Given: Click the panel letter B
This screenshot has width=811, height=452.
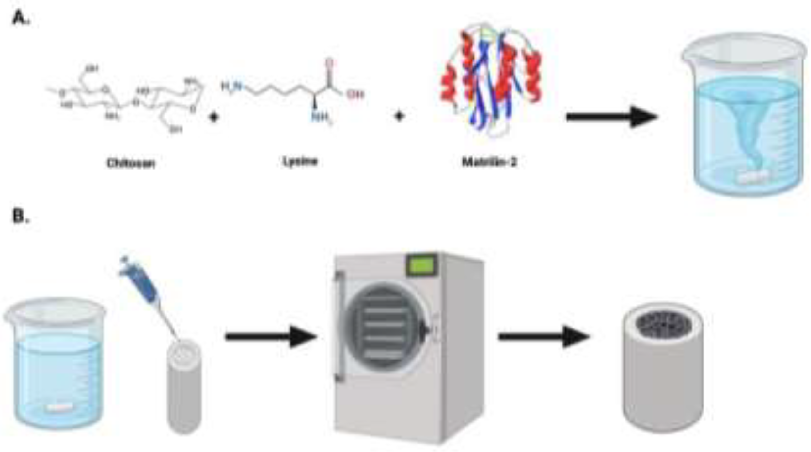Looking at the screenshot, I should click(x=19, y=216).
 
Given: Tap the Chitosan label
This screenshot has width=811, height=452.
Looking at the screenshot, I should click(x=131, y=164).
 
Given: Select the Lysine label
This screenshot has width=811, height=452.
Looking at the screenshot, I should click(x=300, y=161).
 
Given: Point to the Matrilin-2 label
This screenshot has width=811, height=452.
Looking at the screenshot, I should click(x=489, y=162).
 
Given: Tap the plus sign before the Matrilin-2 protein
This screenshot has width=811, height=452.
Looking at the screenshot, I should click(x=399, y=116).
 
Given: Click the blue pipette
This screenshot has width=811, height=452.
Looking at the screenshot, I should click(x=142, y=283).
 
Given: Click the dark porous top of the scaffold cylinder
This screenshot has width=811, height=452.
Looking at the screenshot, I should click(x=663, y=324).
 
